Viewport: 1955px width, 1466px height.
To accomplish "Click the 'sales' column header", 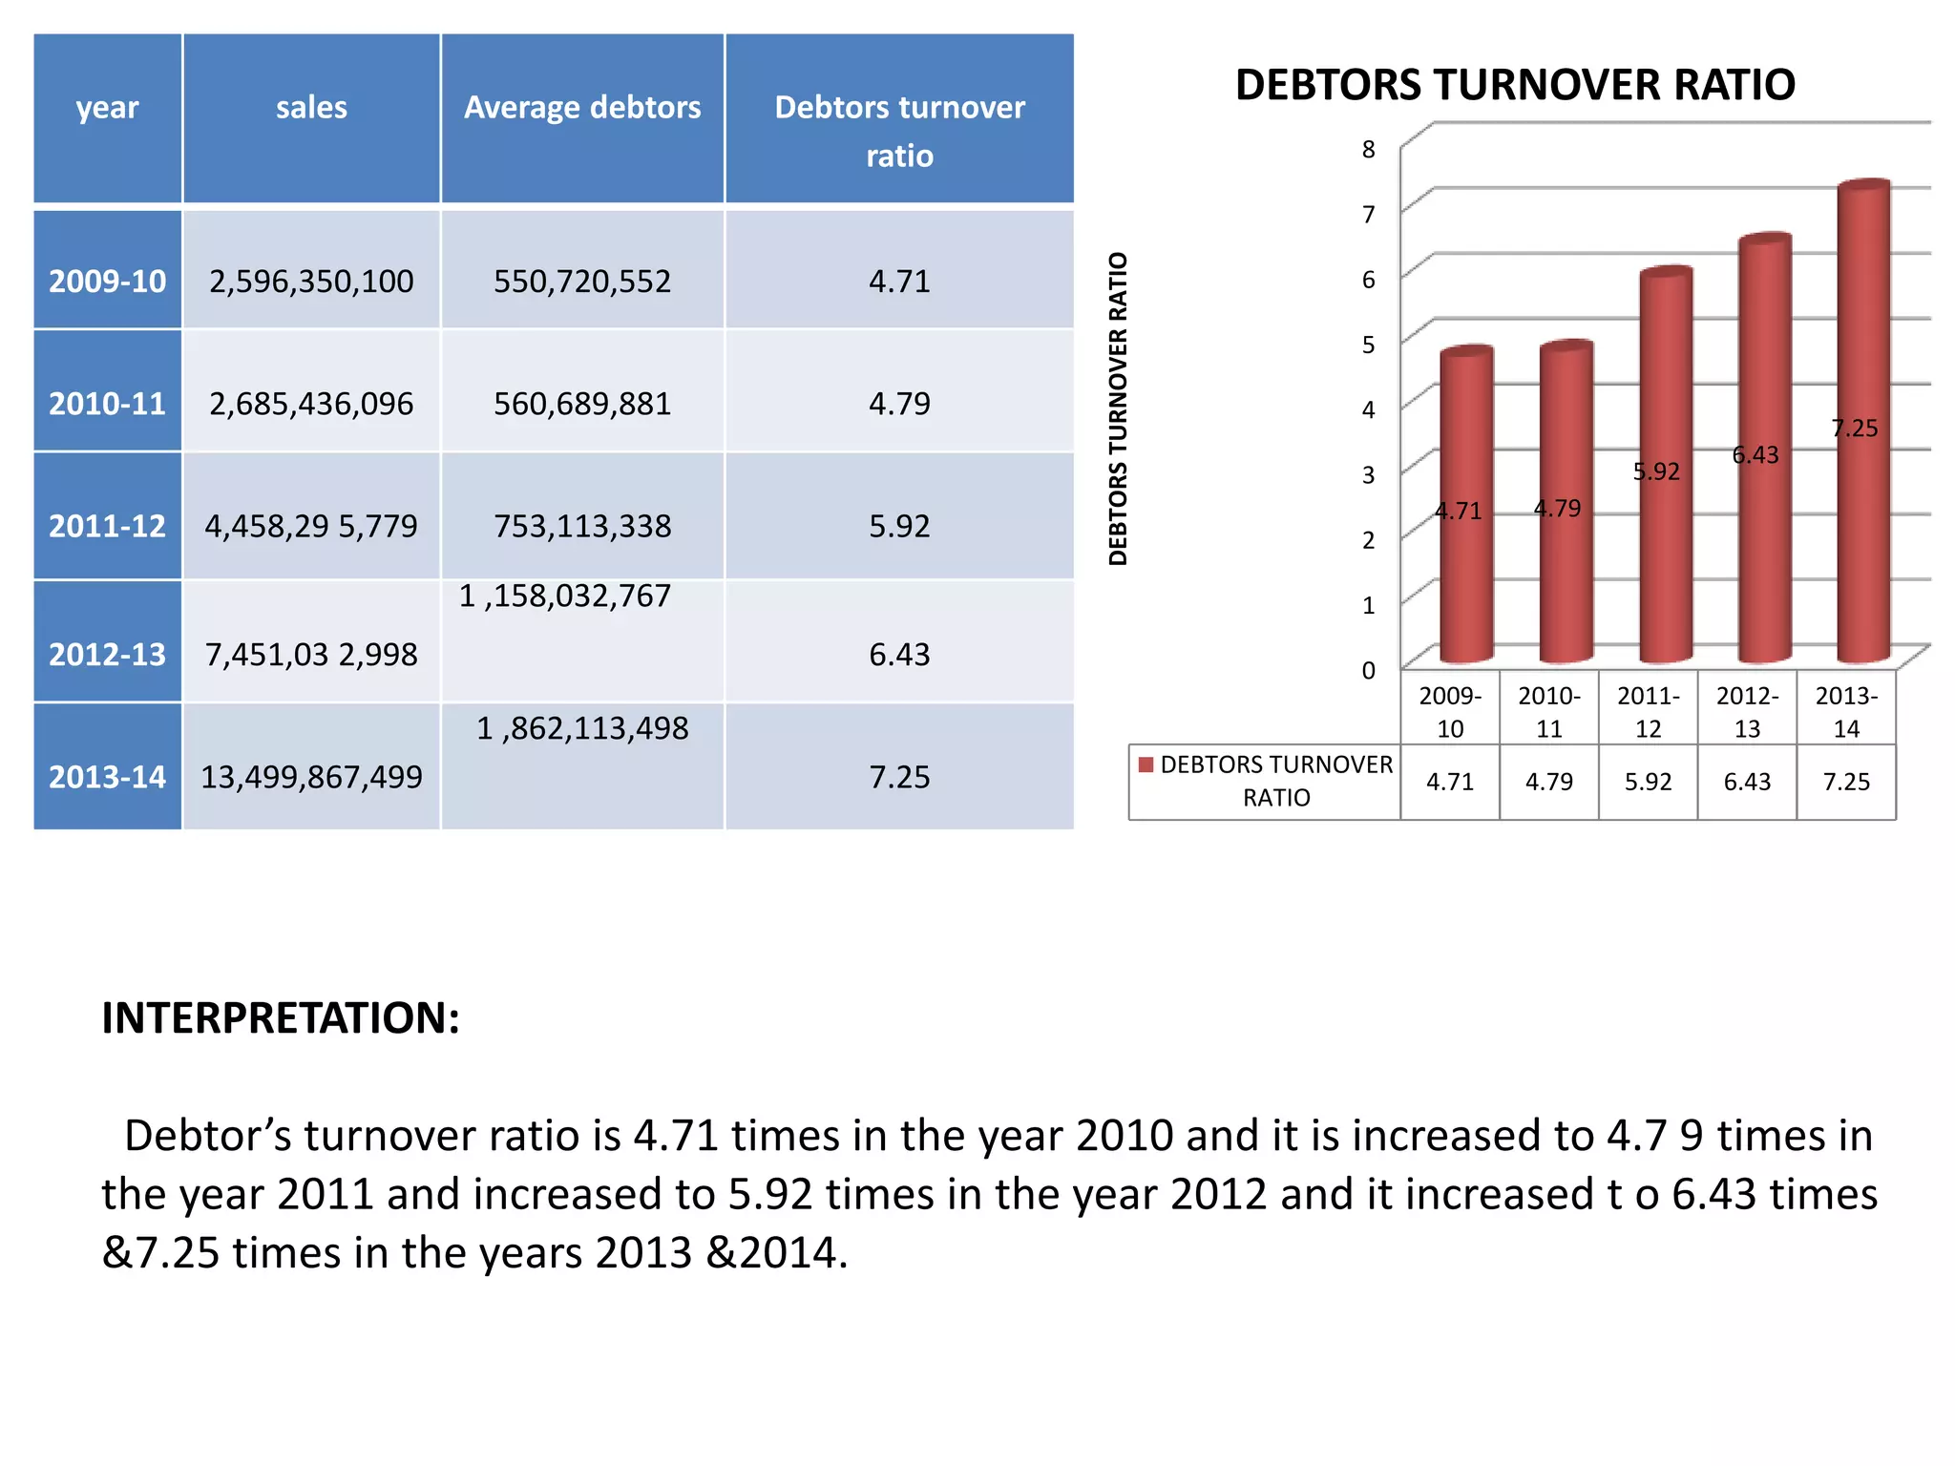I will pos(311,108).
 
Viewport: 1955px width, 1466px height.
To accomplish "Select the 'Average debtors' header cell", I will pos(582,108).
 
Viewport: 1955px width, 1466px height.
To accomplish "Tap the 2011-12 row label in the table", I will pos(107,526).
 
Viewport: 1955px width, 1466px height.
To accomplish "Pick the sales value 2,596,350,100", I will pos(311,282).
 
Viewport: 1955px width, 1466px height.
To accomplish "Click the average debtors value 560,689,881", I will pos(582,404).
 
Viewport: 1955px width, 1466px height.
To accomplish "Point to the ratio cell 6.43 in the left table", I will pos(899,655).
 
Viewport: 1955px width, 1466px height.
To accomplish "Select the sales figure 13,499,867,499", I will pos(311,777).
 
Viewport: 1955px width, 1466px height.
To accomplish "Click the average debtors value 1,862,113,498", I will pos(582,729).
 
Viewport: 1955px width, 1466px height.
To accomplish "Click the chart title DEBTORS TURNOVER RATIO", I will pos(1515,85).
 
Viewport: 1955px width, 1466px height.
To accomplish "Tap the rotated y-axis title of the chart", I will pos(1118,408).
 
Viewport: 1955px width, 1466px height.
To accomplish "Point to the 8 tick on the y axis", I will pos(1369,150).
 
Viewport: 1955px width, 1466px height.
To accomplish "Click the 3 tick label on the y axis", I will pos(1369,474).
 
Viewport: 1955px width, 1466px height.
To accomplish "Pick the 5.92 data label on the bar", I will pos(1656,471).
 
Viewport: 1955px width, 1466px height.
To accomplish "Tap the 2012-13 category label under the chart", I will pos(1747,712).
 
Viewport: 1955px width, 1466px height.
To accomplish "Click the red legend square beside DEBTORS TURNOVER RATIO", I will pos(1146,764).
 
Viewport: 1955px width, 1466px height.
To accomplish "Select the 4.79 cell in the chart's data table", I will pos(1548,782).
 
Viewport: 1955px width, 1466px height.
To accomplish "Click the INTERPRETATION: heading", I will pos(281,1018).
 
